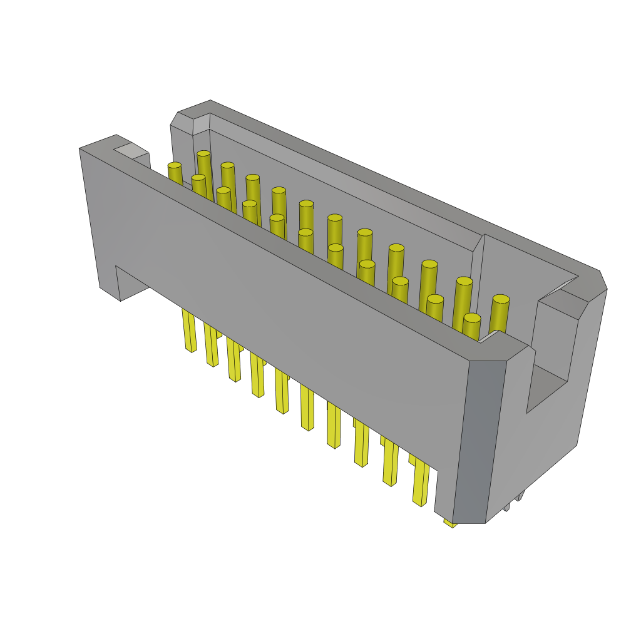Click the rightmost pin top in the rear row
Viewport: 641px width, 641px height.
pos(501,299)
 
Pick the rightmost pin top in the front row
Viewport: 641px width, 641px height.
pos(472,318)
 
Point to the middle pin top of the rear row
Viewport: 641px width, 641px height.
pos(335,218)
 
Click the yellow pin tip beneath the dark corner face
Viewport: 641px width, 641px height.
pos(449,523)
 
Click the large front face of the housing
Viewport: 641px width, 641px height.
pos(282,313)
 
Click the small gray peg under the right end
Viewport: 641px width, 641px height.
pos(519,495)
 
